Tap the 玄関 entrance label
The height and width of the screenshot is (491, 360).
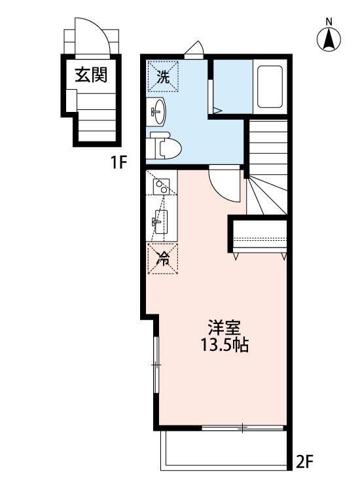click(91, 74)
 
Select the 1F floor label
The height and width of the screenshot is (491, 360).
click(118, 162)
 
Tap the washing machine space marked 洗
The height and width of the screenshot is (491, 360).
click(162, 76)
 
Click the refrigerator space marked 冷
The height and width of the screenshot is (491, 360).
click(162, 257)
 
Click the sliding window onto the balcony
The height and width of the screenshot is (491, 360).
click(242, 427)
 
